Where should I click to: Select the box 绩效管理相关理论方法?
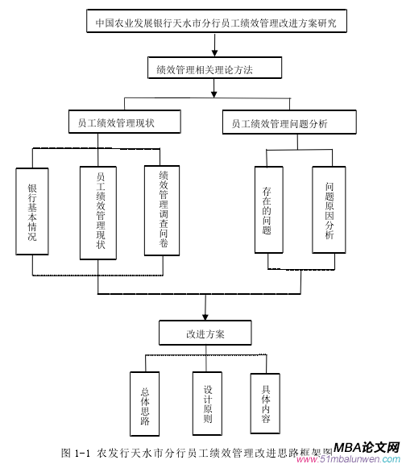pyautogui.click(x=214, y=70)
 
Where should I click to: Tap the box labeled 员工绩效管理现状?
pyautogui.click(x=116, y=123)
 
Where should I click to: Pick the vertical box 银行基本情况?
pyautogui.click(x=32, y=212)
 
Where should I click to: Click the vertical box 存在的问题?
pyautogui.click(x=267, y=212)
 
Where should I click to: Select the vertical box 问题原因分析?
pyautogui.click(x=329, y=212)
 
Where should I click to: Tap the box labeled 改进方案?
pyautogui.click(x=208, y=333)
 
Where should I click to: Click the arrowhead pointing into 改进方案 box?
pyautogui.click(x=208, y=315)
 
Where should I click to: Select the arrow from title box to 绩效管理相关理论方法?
pyautogui.click(x=214, y=48)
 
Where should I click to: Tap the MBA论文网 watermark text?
pyautogui.click(x=367, y=447)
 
